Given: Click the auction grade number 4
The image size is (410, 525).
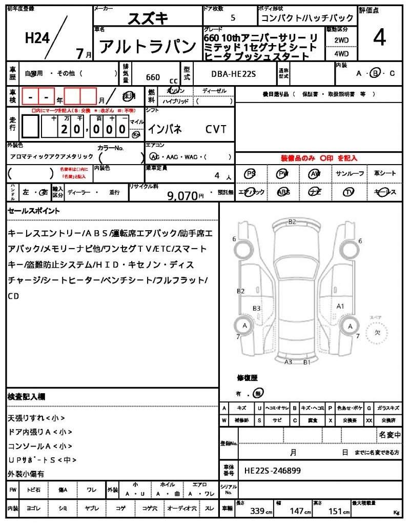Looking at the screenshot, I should pos(379,38).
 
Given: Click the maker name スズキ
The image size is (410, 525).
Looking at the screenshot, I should pos(148,18).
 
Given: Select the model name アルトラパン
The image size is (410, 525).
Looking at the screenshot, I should pos(148,47).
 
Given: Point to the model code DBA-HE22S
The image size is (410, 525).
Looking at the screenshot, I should pos(233,74).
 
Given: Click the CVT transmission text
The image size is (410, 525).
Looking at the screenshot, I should pos(216,129).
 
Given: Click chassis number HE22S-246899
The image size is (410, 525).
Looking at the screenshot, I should pos(272,470).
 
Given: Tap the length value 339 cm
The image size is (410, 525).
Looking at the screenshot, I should pos(258,511).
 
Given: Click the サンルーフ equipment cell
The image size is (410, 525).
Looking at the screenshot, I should pos(350,174).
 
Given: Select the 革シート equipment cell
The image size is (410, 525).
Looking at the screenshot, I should pos(384,174).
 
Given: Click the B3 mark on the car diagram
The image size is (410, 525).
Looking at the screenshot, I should pos(257,308).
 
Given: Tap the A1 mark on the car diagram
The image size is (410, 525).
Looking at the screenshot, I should pos(340,306).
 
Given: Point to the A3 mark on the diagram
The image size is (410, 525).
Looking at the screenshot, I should pos(289,362).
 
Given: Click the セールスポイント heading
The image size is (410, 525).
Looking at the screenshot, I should pos(34,210).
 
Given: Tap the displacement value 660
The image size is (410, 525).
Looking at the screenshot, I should pos(153,77).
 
